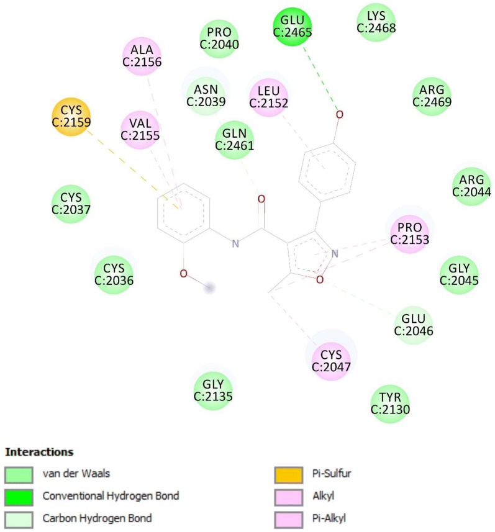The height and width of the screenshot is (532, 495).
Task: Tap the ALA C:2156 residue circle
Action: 142,57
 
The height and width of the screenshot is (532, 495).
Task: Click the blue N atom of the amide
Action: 235,244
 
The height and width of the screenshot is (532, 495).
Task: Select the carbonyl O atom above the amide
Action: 261,199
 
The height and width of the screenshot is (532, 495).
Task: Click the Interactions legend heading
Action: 39,451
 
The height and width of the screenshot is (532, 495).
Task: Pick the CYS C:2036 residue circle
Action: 114,274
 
